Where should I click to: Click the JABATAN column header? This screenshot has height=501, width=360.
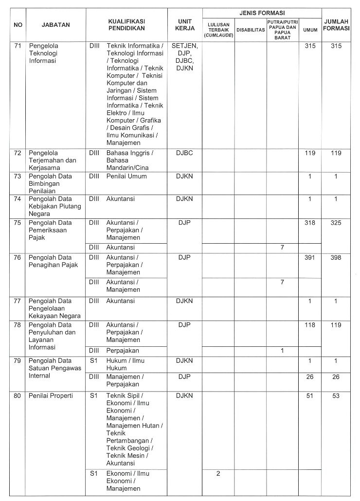coord(56,24)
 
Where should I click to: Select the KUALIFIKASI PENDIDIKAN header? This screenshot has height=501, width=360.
coord(126,24)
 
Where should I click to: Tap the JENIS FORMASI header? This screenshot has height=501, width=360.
coord(262,13)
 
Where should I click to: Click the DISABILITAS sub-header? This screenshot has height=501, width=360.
coord(250,30)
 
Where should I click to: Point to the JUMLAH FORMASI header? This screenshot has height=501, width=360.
coord(336,25)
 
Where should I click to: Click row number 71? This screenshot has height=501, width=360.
coord(18,46)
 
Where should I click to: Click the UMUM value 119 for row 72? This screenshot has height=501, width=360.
coord(310,153)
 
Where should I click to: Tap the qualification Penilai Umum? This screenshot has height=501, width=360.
coord(126,176)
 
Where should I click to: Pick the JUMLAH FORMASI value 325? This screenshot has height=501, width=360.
coord(336,223)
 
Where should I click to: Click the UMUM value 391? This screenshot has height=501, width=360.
coord(310,257)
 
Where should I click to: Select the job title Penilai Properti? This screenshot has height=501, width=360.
coord(51,395)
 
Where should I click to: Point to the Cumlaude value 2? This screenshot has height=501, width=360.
coord(218,473)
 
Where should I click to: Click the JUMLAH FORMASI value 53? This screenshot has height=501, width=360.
coord(336,395)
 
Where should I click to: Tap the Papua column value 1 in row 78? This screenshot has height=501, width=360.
coord(282,350)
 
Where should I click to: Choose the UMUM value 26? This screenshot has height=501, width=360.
coord(310,376)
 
